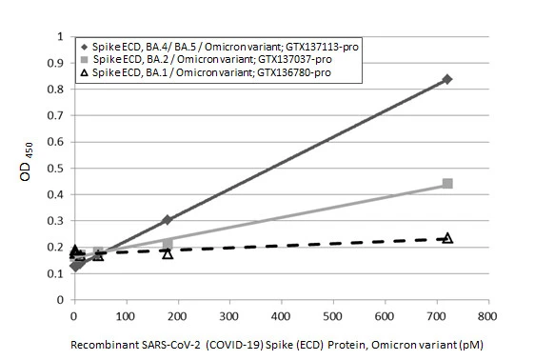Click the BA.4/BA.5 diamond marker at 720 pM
point(447,79)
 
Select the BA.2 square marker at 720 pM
point(447,184)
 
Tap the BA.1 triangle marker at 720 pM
point(447,238)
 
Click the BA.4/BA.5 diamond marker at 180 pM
point(168,220)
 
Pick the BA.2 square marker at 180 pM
point(168,244)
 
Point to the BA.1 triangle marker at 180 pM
point(168,253)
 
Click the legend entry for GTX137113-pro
point(225,46)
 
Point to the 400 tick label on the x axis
point(281,313)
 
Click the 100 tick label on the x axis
point(126,313)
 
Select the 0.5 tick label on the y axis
point(56,169)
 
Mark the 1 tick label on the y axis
point(61,37)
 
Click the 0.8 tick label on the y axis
point(56,90)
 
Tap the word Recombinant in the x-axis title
point(103,343)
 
